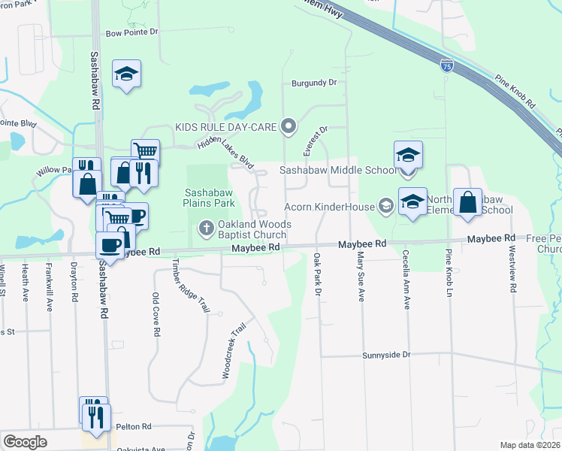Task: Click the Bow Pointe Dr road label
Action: pyautogui.click(x=132, y=32)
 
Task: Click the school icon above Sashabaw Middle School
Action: pyautogui.click(x=409, y=155)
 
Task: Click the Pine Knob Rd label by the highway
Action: pyautogui.click(x=515, y=90)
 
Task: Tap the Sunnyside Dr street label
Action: pyautogui.click(x=387, y=354)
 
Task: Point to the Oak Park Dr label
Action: pyautogui.click(x=316, y=274)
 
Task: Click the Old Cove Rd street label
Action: pyautogui.click(x=156, y=315)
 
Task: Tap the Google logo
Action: pyautogui.click(x=25, y=442)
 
